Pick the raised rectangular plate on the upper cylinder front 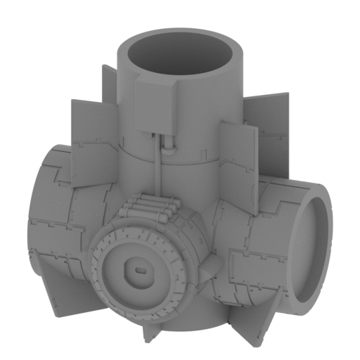click(154, 105)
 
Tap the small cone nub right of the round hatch click(210, 262)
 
